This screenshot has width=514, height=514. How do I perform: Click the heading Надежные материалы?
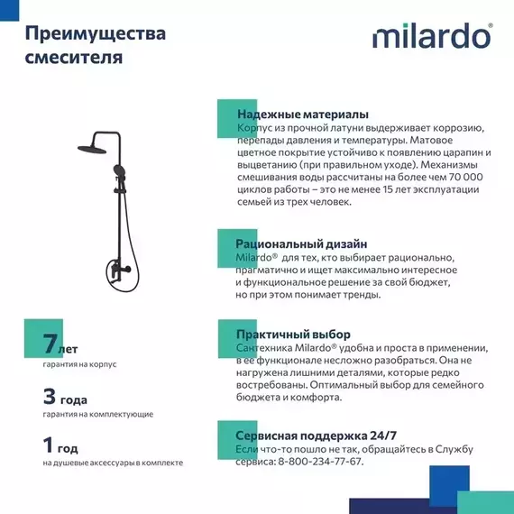(302, 115)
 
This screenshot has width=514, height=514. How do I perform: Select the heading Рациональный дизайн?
(301, 243)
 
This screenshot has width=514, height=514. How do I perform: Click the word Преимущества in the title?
(95, 34)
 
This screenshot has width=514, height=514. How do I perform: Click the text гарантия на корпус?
(80, 364)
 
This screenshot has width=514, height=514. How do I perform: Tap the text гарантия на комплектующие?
(97, 414)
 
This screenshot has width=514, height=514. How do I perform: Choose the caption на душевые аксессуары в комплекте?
(113, 463)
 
